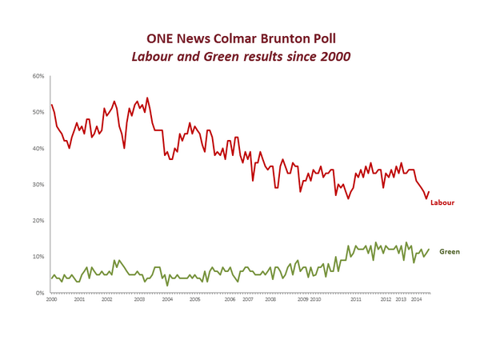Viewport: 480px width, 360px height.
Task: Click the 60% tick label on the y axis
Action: coord(38,77)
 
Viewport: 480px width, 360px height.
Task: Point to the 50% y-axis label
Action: coord(38,113)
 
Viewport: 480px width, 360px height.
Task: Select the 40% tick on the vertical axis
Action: coord(38,149)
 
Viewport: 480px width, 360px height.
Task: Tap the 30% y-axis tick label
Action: coord(38,185)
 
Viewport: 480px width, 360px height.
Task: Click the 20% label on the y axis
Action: coord(38,221)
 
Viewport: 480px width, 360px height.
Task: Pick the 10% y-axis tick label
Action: coord(38,257)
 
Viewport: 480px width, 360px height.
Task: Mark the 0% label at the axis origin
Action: coord(39,293)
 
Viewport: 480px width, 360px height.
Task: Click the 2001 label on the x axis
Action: coord(79,299)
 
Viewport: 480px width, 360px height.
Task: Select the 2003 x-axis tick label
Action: coord(138,299)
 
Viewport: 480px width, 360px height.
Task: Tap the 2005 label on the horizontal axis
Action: coord(194,299)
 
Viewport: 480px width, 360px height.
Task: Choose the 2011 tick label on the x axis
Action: coord(354,299)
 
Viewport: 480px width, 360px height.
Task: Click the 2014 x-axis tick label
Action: coord(416,299)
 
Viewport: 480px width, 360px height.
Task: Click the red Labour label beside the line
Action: coord(442,203)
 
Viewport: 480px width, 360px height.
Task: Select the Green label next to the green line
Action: coord(450,251)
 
